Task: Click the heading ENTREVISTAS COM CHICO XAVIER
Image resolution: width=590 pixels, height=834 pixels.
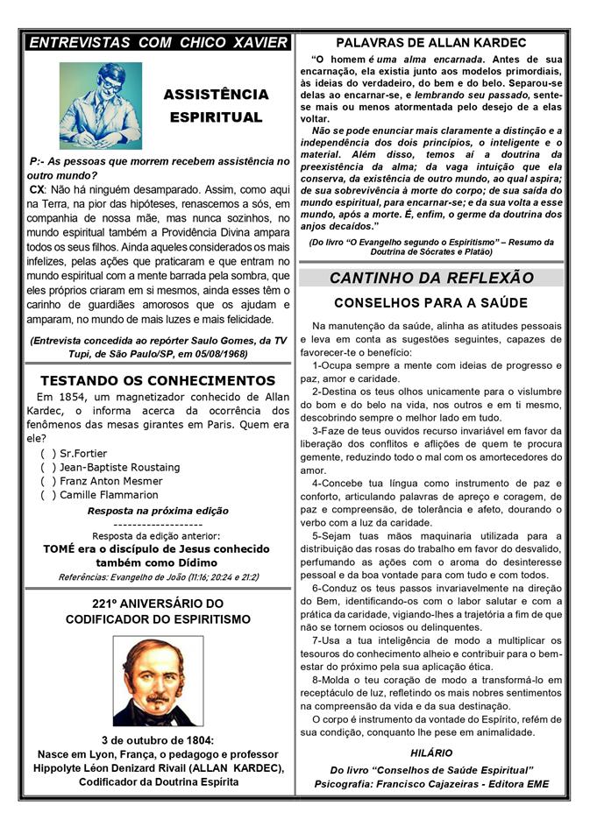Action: [158, 42]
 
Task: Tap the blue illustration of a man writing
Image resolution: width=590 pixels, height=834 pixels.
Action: [100, 105]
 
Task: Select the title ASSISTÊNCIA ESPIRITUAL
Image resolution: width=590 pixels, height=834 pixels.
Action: [215, 104]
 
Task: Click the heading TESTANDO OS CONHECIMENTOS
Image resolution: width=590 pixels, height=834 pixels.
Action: [158, 380]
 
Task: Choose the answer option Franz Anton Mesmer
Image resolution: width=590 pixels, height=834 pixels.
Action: [110, 481]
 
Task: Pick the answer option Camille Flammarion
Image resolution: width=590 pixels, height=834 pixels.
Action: [109, 495]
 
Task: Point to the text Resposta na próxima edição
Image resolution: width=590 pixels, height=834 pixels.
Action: [158, 510]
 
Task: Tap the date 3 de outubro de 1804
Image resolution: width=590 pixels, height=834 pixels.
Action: [158, 739]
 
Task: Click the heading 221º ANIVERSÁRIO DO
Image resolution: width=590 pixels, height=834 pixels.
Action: [158, 604]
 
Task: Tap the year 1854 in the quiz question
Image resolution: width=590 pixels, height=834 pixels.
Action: [62, 399]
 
